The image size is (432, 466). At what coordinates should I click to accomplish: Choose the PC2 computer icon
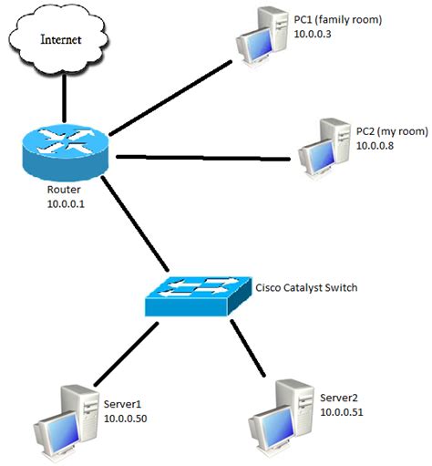(324, 147)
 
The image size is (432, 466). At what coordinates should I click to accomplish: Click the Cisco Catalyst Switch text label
(307, 287)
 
